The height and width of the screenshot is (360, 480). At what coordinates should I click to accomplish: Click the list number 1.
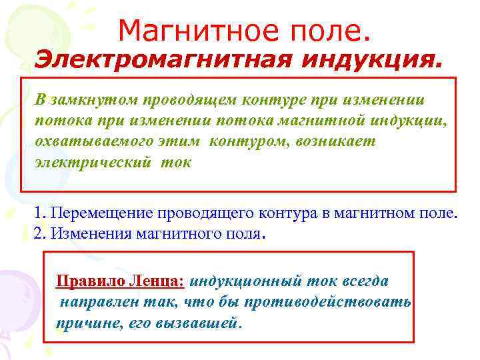click(39, 213)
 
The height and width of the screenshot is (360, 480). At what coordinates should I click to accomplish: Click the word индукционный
click(251, 281)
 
